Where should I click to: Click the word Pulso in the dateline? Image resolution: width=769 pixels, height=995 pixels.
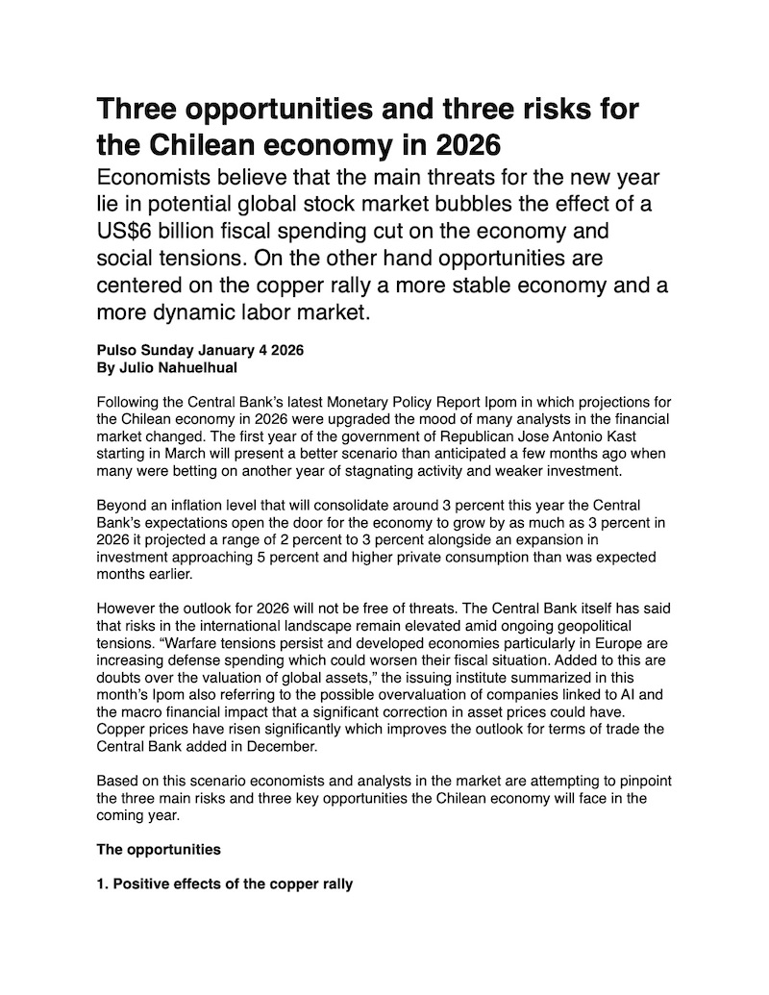click(x=119, y=350)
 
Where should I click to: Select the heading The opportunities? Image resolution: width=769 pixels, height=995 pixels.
click(x=159, y=850)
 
